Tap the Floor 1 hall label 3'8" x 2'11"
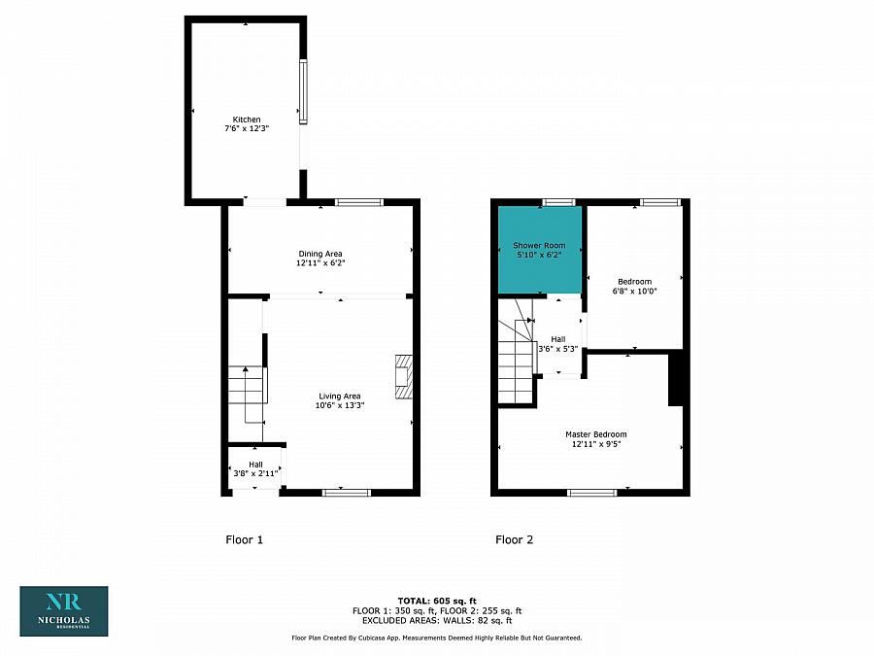(254, 468)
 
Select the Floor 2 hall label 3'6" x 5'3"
(558, 344)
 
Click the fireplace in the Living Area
(403, 377)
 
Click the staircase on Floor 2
(516, 364)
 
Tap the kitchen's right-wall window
(303, 92)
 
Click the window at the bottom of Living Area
(346, 493)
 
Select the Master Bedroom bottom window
(591, 493)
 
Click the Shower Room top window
(558, 202)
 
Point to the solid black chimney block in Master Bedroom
(677, 380)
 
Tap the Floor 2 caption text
(514, 539)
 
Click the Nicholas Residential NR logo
(64, 610)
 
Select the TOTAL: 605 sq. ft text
(436, 601)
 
